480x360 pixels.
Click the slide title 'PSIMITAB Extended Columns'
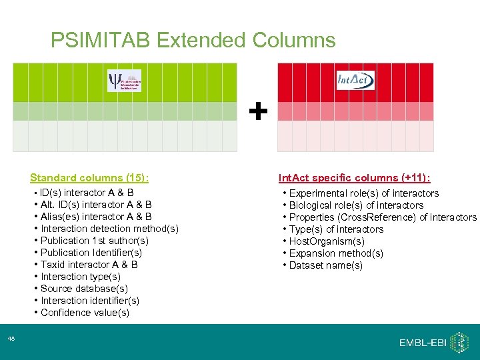coord(193,41)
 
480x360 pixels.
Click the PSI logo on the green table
coord(125,81)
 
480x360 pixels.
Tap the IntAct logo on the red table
coord(355,80)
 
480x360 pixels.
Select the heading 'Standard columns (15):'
coord(89,178)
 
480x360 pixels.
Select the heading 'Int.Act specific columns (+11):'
coord(354,178)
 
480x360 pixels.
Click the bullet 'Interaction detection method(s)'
coord(109,229)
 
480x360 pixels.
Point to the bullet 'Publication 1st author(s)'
coord(94,241)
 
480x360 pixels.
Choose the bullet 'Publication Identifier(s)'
coord(91,253)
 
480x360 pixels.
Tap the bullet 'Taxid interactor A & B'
coord(89,265)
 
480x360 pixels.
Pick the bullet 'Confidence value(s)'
coord(85,313)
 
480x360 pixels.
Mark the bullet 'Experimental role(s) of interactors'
coord(363,193)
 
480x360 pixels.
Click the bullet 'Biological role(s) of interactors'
coord(356,205)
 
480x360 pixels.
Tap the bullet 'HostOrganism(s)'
coord(327,241)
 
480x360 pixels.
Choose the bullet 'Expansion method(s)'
coord(336,253)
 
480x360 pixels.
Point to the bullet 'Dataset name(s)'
coord(325,265)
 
